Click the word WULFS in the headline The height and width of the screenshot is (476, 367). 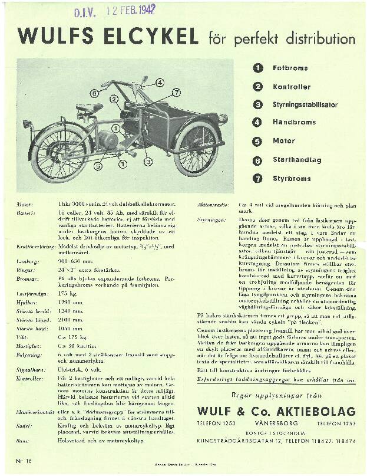pos(51,37)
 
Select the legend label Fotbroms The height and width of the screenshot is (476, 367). pos(290,68)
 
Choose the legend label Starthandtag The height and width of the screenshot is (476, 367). pos(296,159)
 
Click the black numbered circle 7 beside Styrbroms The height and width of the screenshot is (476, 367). pos(257,178)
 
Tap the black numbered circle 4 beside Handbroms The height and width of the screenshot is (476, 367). pos(257,123)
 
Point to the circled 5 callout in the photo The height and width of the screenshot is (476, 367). pos(97,166)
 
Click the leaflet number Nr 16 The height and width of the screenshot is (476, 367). pos(24,458)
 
